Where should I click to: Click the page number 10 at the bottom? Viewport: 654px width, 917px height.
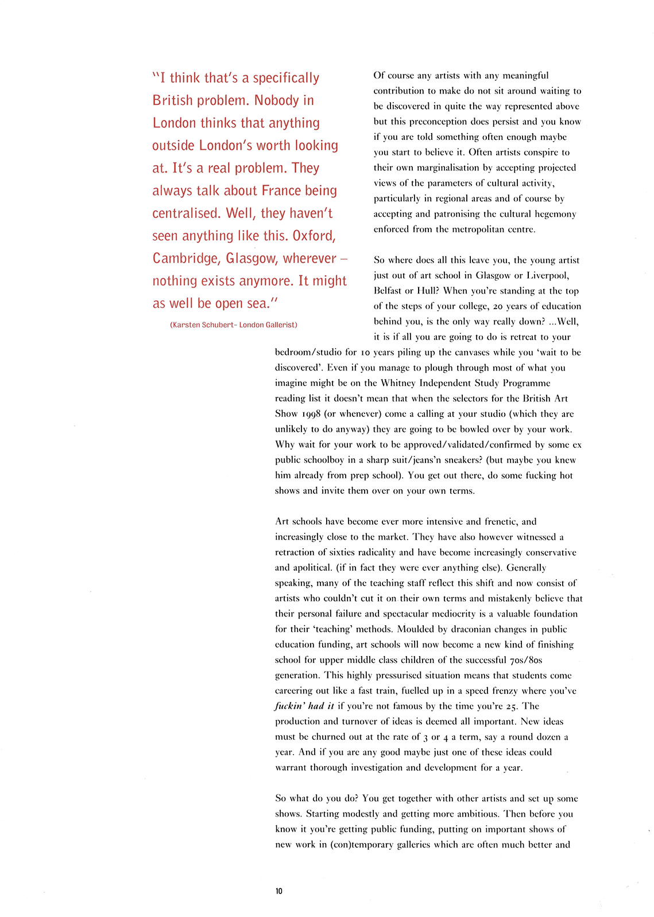278,891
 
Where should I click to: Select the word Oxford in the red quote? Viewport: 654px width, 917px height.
314,236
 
